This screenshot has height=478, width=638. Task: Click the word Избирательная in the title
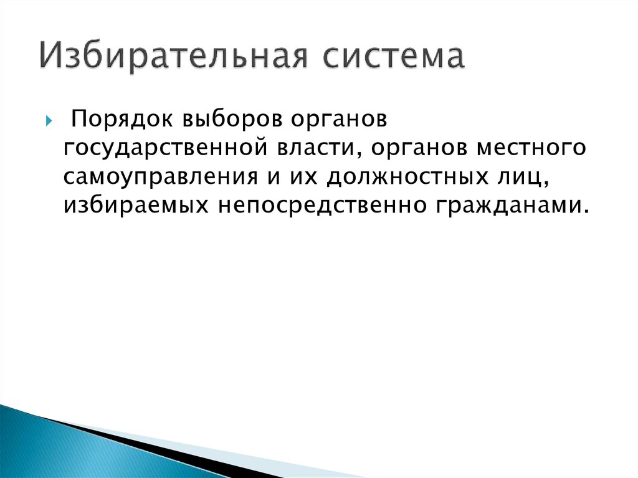click(174, 57)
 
